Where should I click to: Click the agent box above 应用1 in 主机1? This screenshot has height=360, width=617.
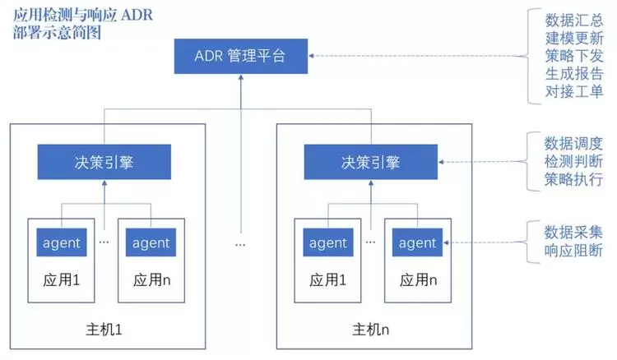pos(60,242)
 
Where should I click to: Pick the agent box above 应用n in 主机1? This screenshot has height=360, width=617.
pos(150,242)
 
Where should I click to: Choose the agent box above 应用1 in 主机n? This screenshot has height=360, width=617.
pos(327,242)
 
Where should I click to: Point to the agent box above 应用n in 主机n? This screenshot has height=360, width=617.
pos(416,242)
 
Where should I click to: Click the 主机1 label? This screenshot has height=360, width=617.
pos(104,330)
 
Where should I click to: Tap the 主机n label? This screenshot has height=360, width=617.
pos(369,330)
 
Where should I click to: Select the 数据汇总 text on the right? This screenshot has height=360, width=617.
pos(573,19)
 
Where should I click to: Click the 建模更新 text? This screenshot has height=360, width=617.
pos(573,37)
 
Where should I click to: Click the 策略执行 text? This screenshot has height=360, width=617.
pos(573,179)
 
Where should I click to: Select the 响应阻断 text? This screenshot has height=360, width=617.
pos(573,251)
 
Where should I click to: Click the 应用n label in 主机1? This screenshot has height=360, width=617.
pos(150,279)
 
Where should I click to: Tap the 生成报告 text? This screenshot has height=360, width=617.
pos(573,73)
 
